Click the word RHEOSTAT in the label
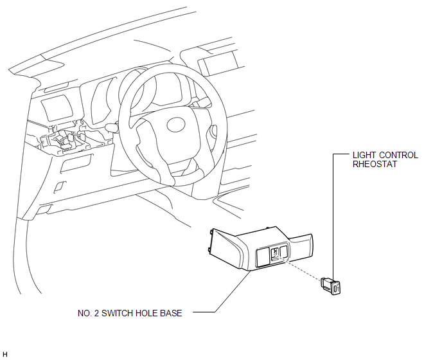coord(375,164)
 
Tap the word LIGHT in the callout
coord(364,155)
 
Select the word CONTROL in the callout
coord(398,155)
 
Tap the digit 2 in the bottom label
coord(96,313)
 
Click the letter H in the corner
coord(5,354)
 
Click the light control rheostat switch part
coord(331,286)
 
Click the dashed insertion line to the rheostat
coord(298,267)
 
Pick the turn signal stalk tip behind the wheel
coord(112,127)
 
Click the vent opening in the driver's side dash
coord(57,109)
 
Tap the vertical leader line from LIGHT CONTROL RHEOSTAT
coord(333,217)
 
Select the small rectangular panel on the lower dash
coord(76,163)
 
